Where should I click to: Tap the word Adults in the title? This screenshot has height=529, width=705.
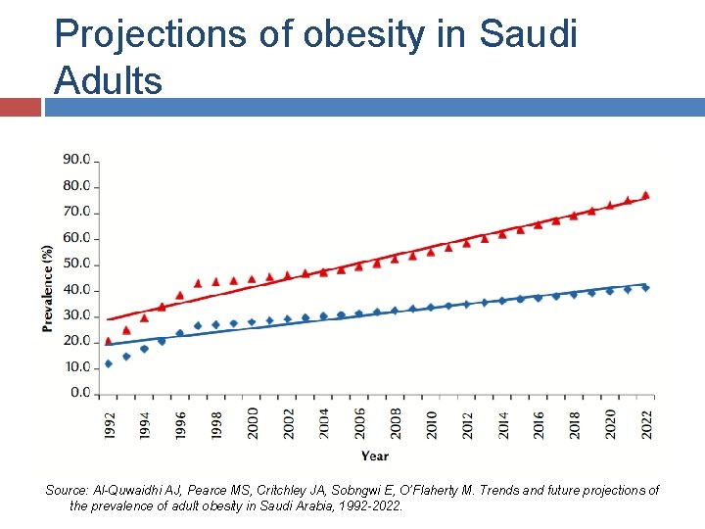(x=109, y=80)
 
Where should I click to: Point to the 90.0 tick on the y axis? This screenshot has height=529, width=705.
(x=76, y=159)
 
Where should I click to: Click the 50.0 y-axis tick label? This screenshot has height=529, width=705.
(x=76, y=264)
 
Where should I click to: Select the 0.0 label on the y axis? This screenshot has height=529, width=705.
(x=79, y=394)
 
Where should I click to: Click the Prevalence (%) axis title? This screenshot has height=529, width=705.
(x=47, y=289)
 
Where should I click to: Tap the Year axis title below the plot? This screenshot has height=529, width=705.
(x=374, y=456)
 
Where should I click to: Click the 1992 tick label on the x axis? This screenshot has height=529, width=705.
(x=109, y=425)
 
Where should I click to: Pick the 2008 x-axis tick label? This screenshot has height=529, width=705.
(x=396, y=425)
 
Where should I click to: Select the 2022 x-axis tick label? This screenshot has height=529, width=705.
(x=646, y=425)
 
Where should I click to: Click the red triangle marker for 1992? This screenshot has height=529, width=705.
(x=108, y=341)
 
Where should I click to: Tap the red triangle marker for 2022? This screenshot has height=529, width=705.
(x=645, y=195)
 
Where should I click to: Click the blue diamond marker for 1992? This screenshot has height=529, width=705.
(x=108, y=363)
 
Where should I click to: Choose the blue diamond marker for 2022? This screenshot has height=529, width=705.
(x=645, y=288)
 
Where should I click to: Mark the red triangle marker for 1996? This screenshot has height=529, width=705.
(x=179, y=295)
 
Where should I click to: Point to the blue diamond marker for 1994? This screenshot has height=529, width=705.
(x=144, y=349)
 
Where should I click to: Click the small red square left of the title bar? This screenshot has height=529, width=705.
(x=20, y=107)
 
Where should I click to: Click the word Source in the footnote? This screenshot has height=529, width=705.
(x=67, y=490)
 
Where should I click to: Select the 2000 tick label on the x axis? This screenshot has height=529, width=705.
(x=253, y=425)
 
